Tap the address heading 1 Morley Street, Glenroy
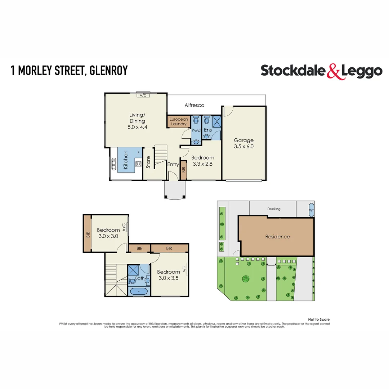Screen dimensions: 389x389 click(70, 71)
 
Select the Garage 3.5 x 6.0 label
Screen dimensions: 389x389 click(244, 143)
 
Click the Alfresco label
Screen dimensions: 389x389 click(194, 105)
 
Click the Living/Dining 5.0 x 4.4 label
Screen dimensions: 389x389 click(137, 121)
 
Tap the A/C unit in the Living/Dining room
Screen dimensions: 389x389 click(143, 95)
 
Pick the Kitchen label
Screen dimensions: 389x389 click(126, 160)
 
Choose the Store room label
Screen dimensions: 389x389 click(148, 162)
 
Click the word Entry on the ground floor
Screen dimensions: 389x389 click(173, 164)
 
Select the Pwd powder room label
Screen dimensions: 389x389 click(196, 130)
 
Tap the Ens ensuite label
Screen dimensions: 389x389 click(208, 130)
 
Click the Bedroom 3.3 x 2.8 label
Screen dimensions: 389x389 click(202, 160)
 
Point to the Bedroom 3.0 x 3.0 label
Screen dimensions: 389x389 click(108, 233)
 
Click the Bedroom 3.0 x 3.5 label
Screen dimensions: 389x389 click(168, 275)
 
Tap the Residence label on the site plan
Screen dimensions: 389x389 click(277, 237)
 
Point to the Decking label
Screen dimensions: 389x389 click(274, 209)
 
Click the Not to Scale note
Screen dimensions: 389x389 click(319, 319)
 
